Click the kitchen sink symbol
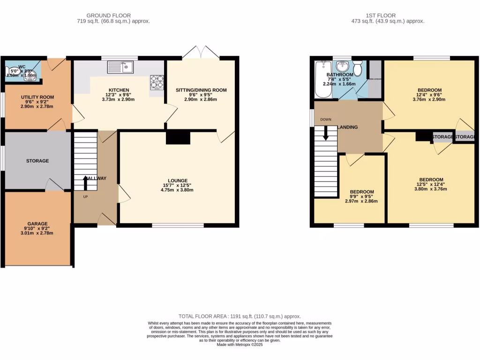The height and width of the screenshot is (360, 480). [x=121, y=67]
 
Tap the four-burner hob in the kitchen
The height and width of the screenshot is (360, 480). [x=157, y=82]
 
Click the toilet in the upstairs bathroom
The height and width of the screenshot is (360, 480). [x=358, y=68]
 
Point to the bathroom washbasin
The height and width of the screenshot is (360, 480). [x=343, y=66]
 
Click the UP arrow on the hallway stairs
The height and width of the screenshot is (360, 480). [x=85, y=182]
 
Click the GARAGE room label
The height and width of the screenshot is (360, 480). [x=37, y=224]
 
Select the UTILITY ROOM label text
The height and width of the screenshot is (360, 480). [x=37, y=97]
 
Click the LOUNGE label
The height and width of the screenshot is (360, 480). [x=178, y=180]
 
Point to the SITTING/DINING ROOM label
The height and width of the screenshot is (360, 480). [x=201, y=90]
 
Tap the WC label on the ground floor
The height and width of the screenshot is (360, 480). [x=22, y=67]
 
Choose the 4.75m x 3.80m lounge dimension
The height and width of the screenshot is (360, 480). [x=178, y=190]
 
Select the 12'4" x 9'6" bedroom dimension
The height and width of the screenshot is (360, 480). [x=430, y=95]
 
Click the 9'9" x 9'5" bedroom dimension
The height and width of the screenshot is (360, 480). [x=362, y=196]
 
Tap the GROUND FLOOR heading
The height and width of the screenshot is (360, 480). [x=109, y=15]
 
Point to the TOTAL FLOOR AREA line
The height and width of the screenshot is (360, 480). [x=240, y=316]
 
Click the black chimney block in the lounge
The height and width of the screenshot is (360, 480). [x=179, y=138]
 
